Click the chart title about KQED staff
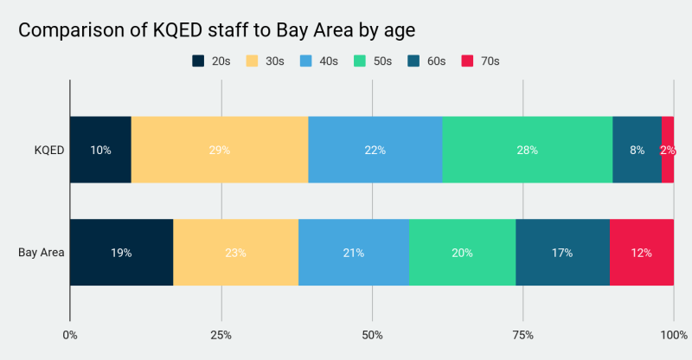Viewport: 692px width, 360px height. (x=217, y=29)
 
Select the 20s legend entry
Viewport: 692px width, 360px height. (x=211, y=61)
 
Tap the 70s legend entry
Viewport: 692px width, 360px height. (x=480, y=61)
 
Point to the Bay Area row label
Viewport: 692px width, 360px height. (x=41, y=253)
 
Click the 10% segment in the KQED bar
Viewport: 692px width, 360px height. (x=100, y=150)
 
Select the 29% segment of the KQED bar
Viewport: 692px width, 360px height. (x=220, y=150)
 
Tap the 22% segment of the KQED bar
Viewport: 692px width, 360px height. (x=375, y=150)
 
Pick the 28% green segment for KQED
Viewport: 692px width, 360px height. (x=527, y=150)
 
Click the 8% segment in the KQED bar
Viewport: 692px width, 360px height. (x=637, y=150)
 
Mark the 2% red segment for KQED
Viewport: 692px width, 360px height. (x=668, y=150)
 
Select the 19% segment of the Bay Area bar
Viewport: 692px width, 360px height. (x=121, y=253)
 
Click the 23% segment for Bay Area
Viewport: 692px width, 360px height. (x=235, y=253)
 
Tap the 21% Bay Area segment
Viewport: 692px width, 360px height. (x=354, y=253)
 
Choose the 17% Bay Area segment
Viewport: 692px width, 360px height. (x=562, y=253)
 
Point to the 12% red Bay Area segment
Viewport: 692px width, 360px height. (x=641, y=253)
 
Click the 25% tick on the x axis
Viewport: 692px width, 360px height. (x=221, y=335)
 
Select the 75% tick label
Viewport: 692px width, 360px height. (x=522, y=335)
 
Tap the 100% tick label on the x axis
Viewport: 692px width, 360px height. (x=673, y=335)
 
